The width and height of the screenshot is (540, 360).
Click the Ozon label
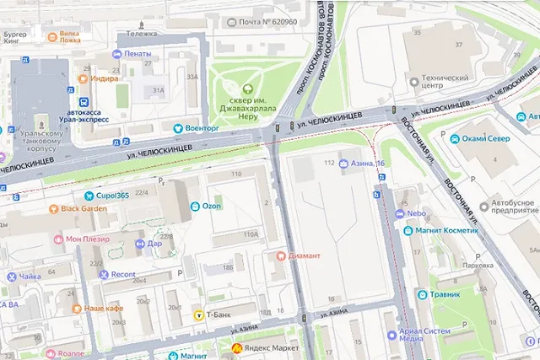point(211,206)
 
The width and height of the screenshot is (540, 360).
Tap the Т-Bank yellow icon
point(199,316)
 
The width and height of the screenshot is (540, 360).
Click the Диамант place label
point(305,255)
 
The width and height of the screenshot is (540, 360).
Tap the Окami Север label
point(487,138)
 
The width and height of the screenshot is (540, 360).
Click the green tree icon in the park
point(246,89)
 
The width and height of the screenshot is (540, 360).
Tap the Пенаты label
point(137,54)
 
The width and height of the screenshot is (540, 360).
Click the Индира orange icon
point(84,78)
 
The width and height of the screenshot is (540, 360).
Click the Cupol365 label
point(112,196)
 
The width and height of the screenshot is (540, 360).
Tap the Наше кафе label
point(104,309)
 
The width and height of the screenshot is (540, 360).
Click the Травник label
point(444,295)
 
